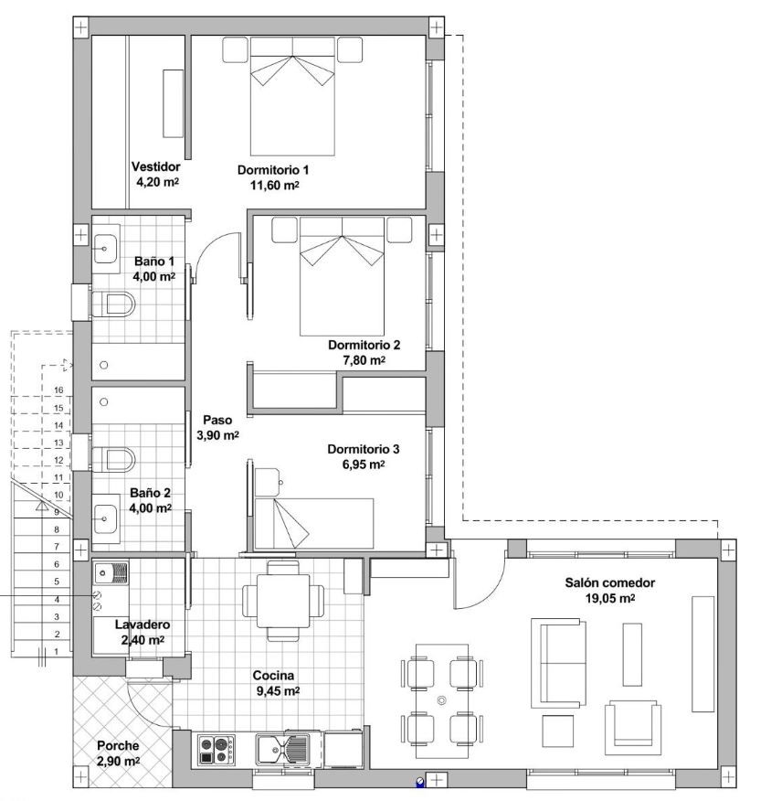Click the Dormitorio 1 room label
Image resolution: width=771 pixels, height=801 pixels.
273,170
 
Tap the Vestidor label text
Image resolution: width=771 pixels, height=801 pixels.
155,166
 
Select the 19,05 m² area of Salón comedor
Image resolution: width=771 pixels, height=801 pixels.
609,598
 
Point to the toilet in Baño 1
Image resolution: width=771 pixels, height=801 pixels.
113,304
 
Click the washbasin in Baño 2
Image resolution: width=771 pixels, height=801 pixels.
105,518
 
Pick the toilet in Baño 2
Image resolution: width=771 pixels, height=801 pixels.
113,460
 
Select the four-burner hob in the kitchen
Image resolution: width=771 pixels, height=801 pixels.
217,750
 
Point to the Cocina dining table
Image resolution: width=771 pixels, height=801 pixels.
283,601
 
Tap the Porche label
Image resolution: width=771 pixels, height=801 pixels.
118,746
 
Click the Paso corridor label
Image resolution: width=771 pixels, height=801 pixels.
217,420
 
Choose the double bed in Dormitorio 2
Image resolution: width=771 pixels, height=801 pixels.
342,276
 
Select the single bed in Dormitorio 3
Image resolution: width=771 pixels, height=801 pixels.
314,524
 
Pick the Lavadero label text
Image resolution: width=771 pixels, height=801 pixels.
143,625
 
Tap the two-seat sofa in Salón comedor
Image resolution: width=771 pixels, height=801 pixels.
558,663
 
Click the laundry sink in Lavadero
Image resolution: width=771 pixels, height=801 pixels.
111,573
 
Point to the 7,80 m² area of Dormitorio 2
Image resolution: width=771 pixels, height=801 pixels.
364,360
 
